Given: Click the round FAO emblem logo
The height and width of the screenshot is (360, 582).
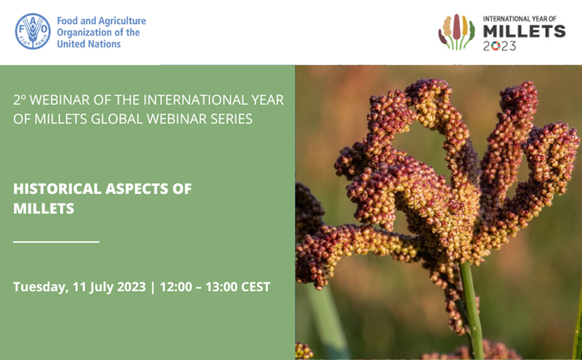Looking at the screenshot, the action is (x=33, y=31).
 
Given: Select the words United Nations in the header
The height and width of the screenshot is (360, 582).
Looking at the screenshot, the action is (x=89, y=44).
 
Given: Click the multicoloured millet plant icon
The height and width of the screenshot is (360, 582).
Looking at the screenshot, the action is (x=456, y=32).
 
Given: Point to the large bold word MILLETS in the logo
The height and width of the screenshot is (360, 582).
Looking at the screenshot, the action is (x=524, y=32).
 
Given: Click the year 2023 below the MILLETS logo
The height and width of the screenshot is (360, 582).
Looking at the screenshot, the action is (x=499, y=46).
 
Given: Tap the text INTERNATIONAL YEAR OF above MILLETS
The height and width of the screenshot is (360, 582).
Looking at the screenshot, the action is (x=520, y=19).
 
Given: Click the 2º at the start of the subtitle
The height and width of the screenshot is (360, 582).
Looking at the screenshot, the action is (x=20, y=100).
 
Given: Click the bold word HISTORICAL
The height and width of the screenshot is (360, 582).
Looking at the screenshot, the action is (x=57, y=188).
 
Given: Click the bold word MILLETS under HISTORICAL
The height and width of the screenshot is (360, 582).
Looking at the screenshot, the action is (x=44, y=208).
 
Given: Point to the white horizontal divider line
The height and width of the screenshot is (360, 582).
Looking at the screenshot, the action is (x=56, y=242).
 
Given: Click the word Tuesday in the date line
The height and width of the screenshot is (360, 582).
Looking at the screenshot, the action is (x=40, y=287).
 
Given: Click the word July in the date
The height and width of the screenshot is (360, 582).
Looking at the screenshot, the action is (x=101, y=287).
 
